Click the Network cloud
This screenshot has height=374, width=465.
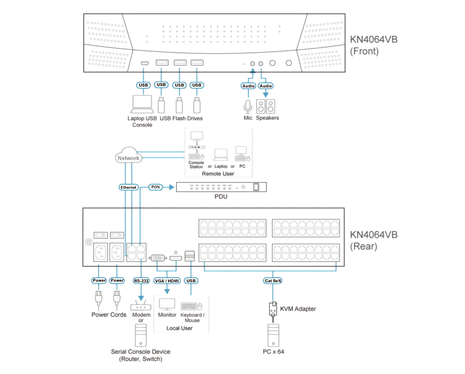pos(128,155)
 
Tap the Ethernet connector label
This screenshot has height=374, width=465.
pos(128,188)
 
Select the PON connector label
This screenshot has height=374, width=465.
pos(155,187)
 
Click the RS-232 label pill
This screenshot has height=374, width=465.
pos(141,280)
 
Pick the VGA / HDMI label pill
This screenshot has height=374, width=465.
pos(167,280)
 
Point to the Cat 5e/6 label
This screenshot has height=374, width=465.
pos(273,280)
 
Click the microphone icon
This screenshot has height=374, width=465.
pos(248,107)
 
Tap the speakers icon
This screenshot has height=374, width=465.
pos(266,106)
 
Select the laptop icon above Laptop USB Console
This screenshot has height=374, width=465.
pos(142,104)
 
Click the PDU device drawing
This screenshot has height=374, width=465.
pos(221,187)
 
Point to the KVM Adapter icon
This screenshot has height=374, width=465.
pos(273,309)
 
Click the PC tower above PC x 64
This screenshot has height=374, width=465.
pos(273,335)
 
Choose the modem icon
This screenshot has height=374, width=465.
pos(141,305)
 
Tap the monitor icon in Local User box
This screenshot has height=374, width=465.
pos(167,304)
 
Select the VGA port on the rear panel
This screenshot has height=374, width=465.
pos(158,258)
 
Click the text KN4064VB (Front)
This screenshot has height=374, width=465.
pos(374,45)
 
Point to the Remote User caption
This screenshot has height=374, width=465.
pos(218,174)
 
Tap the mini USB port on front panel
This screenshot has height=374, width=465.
pos(145,63)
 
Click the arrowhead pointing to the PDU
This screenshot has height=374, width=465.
pos(171,187)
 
